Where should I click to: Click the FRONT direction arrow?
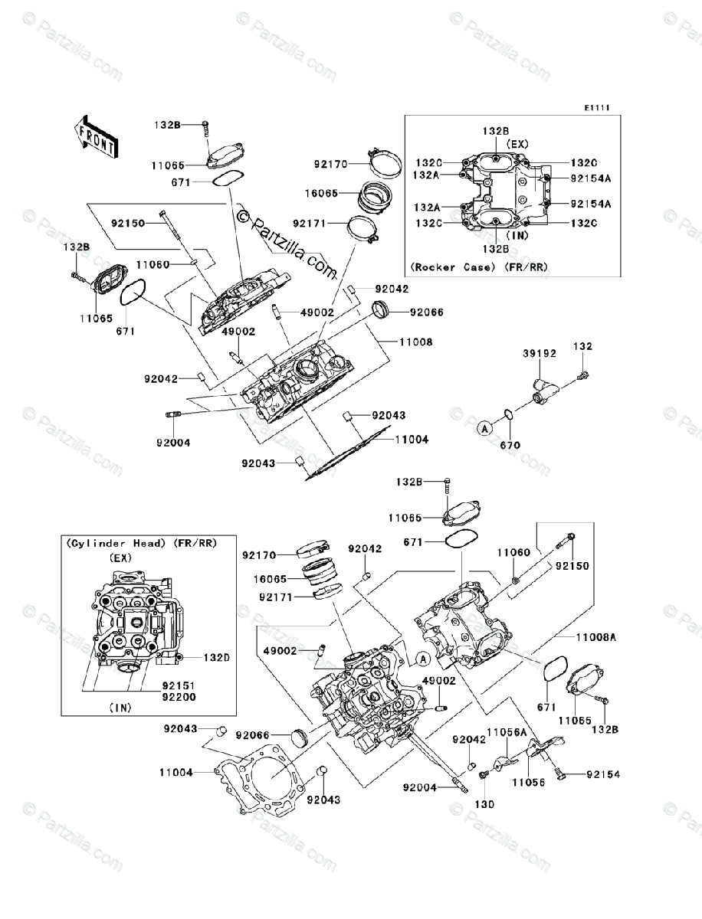96,136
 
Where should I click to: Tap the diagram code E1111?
597,108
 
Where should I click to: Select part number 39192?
539,353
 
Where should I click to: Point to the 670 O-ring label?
510,446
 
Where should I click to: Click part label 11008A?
596,638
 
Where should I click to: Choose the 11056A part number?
507,732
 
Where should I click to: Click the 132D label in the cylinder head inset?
217,658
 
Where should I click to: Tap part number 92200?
179,697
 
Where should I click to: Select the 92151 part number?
179,685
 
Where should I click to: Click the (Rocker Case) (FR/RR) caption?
479,267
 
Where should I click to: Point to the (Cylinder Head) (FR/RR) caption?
142,544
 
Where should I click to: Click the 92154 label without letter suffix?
603,774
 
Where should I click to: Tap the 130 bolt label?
484,804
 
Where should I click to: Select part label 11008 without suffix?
415,342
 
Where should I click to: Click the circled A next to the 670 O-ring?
485,428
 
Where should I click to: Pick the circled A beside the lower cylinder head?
424,659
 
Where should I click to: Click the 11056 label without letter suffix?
528,782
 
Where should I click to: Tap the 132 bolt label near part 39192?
582,346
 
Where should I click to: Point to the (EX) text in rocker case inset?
518,144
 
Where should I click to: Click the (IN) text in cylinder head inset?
120,708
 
